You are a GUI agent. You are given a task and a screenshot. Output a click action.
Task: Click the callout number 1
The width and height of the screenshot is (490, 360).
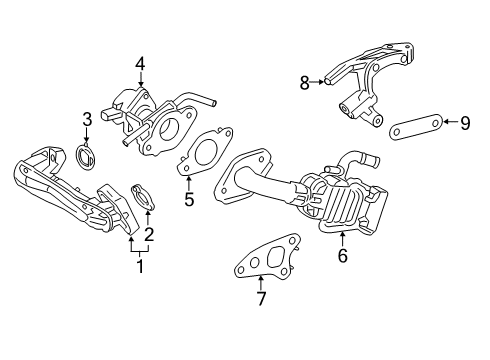pos(140,267)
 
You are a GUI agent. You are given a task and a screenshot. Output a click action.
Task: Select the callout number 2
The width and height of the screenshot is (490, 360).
pos(148,235)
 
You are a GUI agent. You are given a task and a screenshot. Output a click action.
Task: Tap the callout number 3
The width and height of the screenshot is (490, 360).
pos(88,120)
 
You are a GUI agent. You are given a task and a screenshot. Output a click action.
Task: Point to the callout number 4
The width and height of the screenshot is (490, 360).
pos(141,64)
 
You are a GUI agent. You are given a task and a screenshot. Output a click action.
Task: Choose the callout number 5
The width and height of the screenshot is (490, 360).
pos(188,199)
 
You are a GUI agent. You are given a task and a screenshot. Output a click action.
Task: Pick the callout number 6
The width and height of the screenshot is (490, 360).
pos(341,255)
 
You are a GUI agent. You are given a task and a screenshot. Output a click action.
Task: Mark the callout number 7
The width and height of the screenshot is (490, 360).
pos(261,299)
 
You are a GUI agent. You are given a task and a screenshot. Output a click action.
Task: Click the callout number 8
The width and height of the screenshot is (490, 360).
pos(305,85)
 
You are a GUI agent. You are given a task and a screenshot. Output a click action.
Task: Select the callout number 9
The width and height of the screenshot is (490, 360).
pos(465,123)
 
